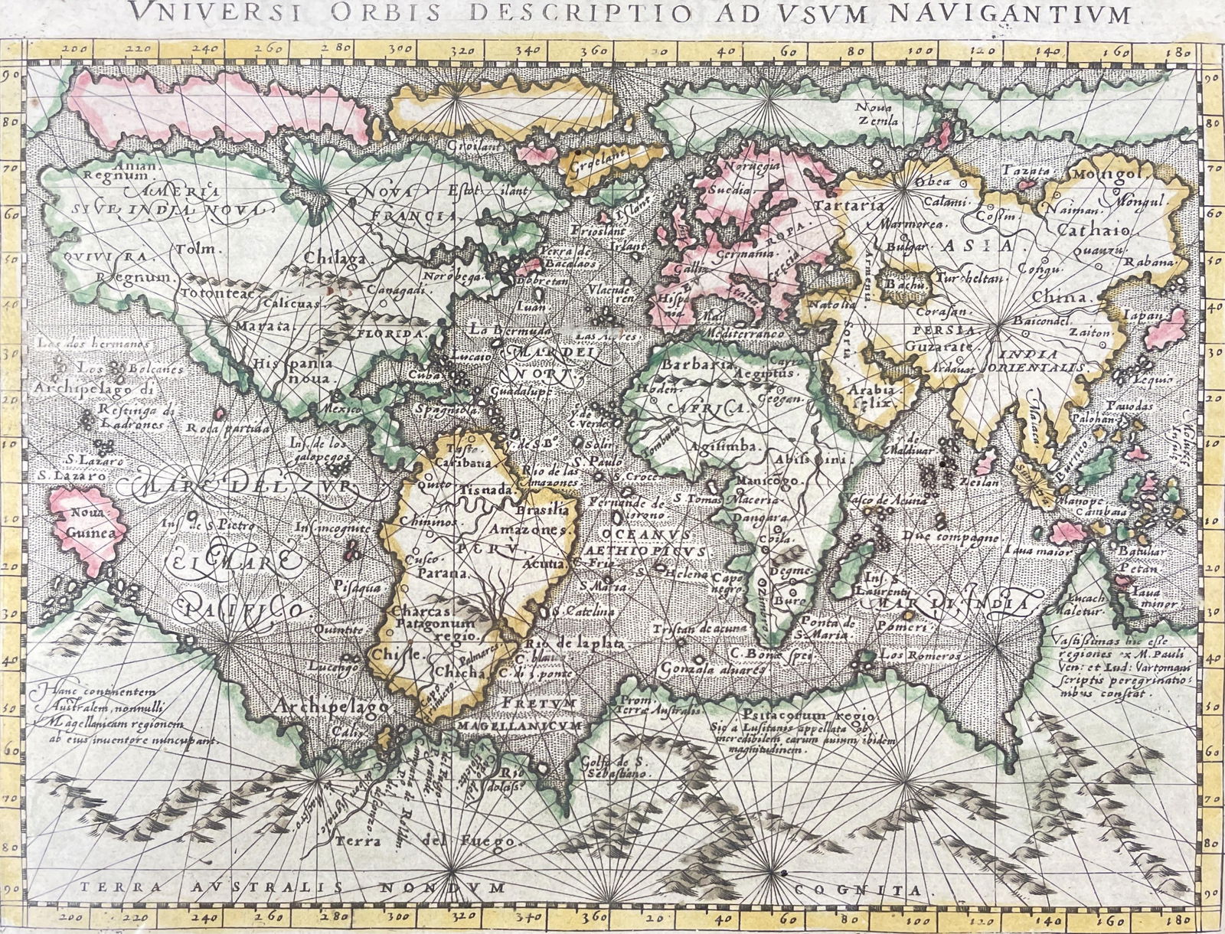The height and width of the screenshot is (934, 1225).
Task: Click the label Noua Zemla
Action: tap(878, 114)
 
